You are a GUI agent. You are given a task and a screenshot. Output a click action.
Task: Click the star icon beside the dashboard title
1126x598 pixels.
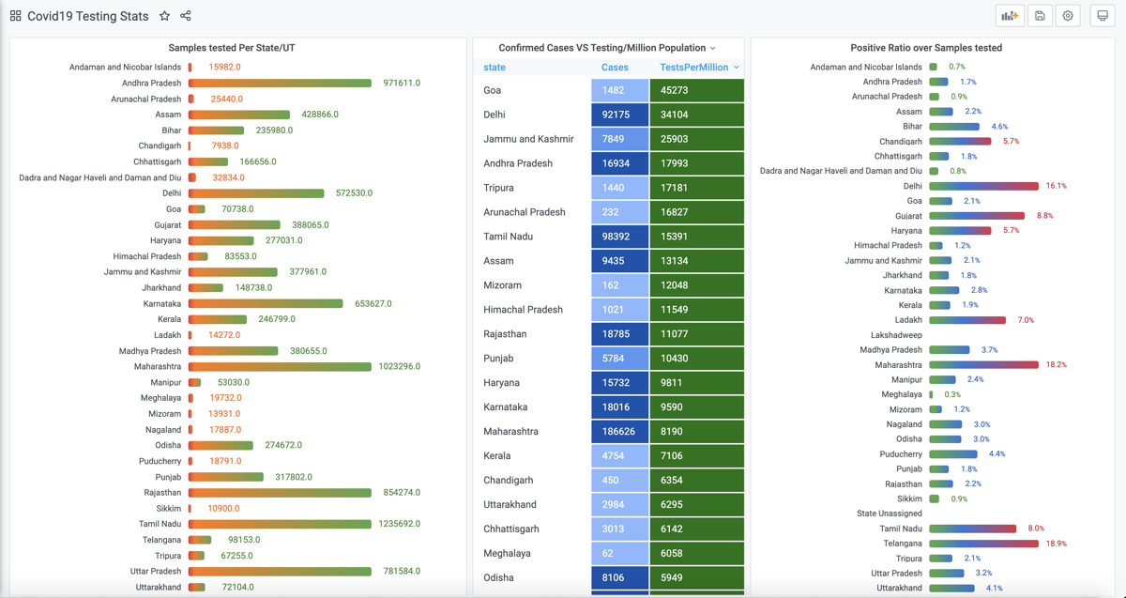pos(164,16)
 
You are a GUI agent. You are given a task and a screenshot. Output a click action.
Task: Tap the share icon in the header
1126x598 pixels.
pos(186,16)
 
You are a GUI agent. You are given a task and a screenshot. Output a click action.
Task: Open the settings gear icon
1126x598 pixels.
pos(1068,16)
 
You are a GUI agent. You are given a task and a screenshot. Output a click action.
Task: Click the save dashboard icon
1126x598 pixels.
pos(1040,16)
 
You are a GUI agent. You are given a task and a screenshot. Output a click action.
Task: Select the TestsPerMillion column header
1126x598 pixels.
pos(693,68)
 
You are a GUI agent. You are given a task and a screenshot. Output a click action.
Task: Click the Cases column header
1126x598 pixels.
pos(615,68)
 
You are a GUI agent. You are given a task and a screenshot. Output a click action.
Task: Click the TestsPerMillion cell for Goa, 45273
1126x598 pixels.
pos(696,90)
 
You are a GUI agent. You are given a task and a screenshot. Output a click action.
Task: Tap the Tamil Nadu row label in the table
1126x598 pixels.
pos(508,237)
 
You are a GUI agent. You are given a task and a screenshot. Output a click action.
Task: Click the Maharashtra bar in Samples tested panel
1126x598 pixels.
pos(280,367)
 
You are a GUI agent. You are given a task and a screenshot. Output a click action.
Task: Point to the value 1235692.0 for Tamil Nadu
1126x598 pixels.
pos(399,524)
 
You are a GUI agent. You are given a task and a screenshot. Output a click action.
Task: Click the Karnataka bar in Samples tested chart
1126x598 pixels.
pos(266,304)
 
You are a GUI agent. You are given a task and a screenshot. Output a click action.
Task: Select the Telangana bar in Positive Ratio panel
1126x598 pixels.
pos(984,544)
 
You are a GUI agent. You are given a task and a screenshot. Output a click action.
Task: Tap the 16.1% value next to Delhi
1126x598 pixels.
pos(1056,186)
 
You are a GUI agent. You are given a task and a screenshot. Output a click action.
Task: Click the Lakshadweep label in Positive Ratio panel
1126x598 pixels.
pos(896,335)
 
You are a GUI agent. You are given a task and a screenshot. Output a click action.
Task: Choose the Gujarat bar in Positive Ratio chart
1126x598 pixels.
pos(977,216)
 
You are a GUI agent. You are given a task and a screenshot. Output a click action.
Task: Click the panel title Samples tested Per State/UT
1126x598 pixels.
pos(232,48)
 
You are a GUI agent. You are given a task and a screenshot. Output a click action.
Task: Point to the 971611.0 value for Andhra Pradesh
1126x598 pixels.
pos(402,84)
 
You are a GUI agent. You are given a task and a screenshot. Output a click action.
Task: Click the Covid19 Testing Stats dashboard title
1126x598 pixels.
pos(87,16)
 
